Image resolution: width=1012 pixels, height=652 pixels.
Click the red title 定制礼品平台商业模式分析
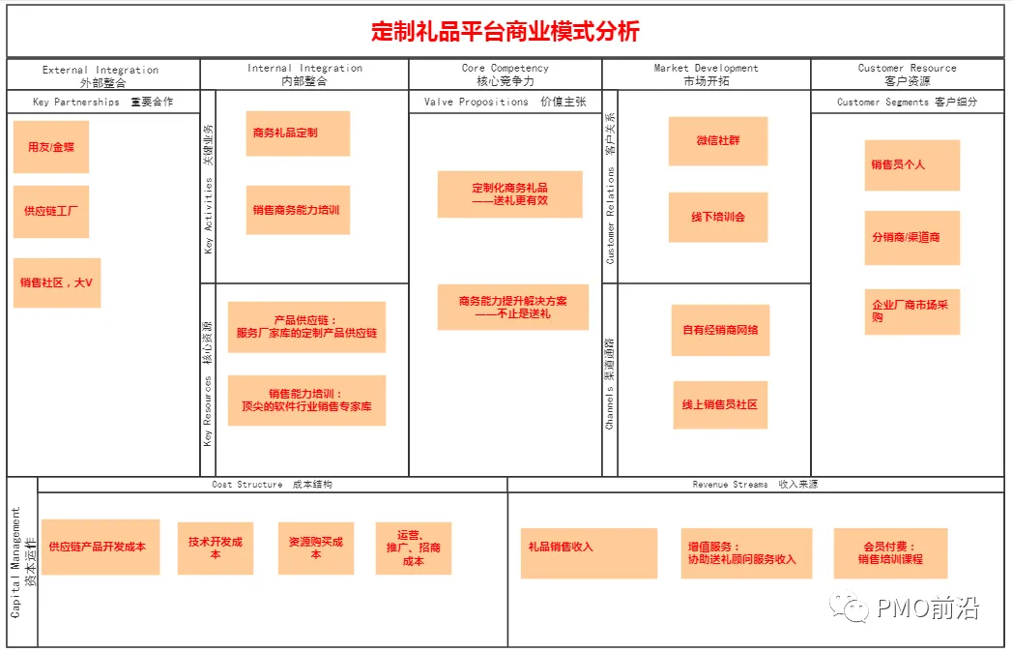pyautogui.click(x=505, y=32)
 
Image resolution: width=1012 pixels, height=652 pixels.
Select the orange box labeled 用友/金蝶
pyautogui.click(x=51, y=147)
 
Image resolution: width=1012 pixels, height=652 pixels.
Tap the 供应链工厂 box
pyautogui.click(x=51, y=211)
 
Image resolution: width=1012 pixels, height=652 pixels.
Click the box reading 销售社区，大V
pyautogui.click(x=57, y=282)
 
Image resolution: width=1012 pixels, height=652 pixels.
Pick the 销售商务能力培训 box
pyautogui.click(x=297, y=210)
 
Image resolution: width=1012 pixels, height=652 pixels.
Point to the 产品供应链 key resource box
pyautogui.click(x=306, y=327)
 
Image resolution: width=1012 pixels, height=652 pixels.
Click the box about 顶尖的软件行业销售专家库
pyautogui.click(x=306, y=400)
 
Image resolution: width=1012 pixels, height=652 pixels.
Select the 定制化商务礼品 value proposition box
pyautogui.click(x=509, y=194)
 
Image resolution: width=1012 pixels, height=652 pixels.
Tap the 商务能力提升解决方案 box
pyautogui.click(x=512, y=308)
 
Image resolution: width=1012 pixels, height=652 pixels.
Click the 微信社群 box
pyautogui.click(x=717, y=141)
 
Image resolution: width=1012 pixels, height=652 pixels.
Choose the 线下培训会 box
pyautogui.click(x=717, y=218)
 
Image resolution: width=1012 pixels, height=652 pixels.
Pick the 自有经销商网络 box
pyautogui.click(x=719, y=331)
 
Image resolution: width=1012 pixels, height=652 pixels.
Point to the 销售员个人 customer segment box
pyautogui.click(x=911, y=165)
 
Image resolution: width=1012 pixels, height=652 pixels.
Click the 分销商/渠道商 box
pyautogui.click(x=911, y=238)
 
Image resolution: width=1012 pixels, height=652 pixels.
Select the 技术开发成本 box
pyautogui.click(x=215, y=548)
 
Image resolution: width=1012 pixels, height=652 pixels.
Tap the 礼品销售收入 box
pyautogui.click(x=589, y=553)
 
